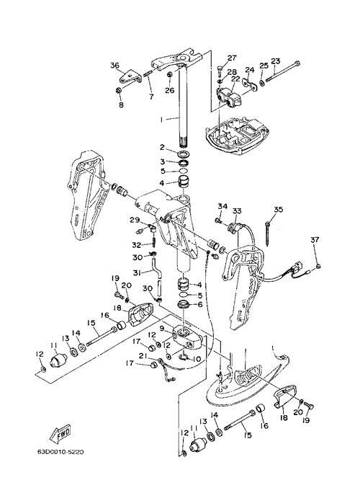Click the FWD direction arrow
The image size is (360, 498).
tap(60, 435)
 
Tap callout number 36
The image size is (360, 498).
tap(114, 66)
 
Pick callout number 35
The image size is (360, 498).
tap(278, 210)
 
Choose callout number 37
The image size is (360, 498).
tap(315, 239)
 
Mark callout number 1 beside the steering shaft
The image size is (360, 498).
tap(161, 120)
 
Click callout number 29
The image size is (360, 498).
tap(135, 219)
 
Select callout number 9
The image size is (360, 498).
tap(162, 329)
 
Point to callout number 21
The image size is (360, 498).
tap(143, 356)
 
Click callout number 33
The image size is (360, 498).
tap(237, 211)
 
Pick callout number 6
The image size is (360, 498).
tap(200, 304)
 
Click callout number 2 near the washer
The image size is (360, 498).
tap(162, 147)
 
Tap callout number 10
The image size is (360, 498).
tap(197, 359)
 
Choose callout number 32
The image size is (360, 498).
tap(137, 245)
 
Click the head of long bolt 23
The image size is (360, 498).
tap(297, 63)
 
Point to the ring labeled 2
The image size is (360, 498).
tap(184, 155)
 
